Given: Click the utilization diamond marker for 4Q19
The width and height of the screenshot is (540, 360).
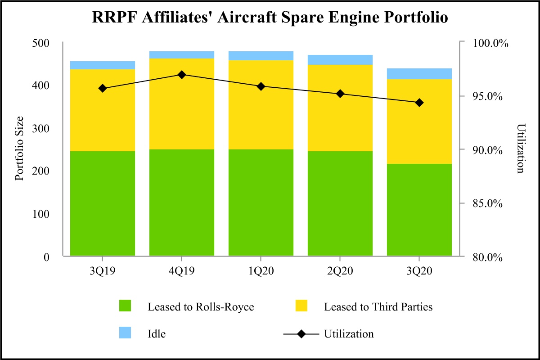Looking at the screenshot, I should pyautogui.click(x=182, y=74).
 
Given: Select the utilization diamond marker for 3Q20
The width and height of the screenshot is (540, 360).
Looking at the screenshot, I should pyautogui.click(x=419, y=103).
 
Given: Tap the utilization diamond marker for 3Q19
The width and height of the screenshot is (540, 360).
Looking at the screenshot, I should pyautogui.click(x=103, y=88).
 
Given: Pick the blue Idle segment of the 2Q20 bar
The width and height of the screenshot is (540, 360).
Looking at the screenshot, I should pyautogui.click(x=340, y=60).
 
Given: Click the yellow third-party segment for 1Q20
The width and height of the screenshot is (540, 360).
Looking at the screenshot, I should pyautogui.click(x=261, y=105).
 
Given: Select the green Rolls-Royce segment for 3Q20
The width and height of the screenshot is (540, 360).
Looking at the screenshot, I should pyautogui.click(x=419, y=210).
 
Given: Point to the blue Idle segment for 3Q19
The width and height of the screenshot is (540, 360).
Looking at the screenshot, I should pyautogui.click(x=103, y=65).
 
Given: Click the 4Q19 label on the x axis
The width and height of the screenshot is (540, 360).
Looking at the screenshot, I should pyautogui.click(x=182, y=271).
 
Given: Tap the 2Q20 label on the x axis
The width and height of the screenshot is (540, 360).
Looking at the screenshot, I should pyautogui.click(x=340, y=271).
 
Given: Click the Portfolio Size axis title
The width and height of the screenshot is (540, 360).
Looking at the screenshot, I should pyautogui.click(x=19, y=149).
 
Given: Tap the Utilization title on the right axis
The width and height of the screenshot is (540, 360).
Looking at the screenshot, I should pyautogui.click(x=521, y=149).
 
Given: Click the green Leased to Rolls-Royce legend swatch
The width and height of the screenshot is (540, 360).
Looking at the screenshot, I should pyautogui.click(x=125, y=306).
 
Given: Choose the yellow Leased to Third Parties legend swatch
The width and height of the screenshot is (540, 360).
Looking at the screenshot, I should pyautogui.click(x=301, y=306).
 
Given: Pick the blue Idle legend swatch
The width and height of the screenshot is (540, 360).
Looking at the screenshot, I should pyautogui.click(x=125, y=333).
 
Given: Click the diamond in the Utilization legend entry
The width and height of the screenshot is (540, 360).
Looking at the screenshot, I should pyautogui.click(x=301, y=334).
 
